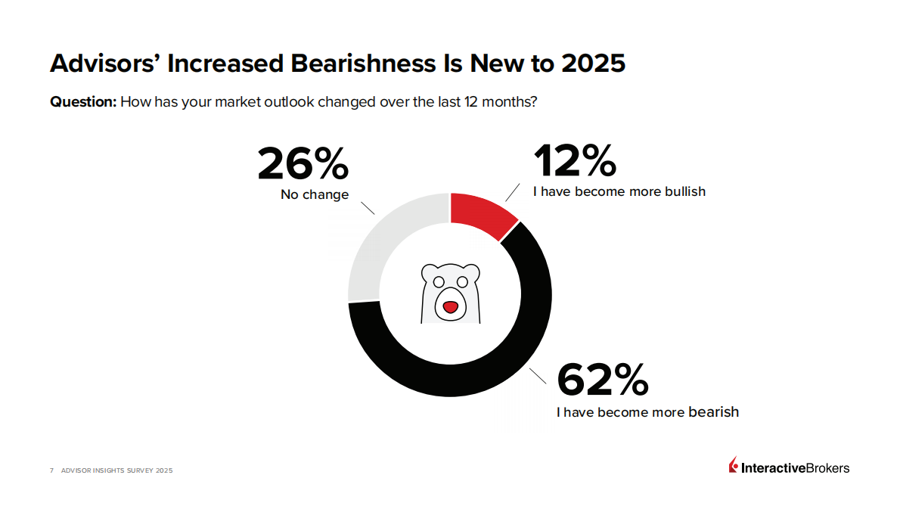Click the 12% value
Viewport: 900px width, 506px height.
[x=575, y=161]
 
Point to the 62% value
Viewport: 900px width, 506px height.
[x=602, y=380]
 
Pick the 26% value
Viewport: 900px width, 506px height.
[x=303, y=164]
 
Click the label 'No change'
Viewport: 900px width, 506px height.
[x=315, y=195]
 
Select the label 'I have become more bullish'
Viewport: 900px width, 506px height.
[x=619, y=192]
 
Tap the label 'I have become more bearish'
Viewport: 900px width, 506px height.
[x=647, y=413]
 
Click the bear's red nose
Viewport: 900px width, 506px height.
[x=450, y=307]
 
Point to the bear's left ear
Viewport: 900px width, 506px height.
[x=430, y=272]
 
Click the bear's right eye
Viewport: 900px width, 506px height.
[x=462, y=282]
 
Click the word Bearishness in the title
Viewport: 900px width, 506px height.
[x=363, y=64]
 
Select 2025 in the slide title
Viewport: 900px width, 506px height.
[x=593, y=64]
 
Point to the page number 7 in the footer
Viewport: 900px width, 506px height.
[x=51, y=470]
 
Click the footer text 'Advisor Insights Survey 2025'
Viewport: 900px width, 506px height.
[x=117, y=470]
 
